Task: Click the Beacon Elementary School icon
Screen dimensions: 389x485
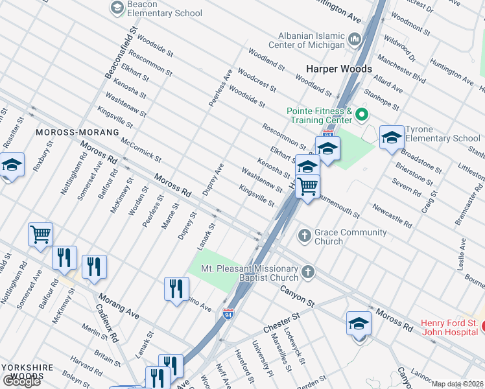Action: tap(117, 8)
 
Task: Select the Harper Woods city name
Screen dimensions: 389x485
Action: tap(339, 69)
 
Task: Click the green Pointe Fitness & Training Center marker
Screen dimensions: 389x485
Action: tap(362, 115)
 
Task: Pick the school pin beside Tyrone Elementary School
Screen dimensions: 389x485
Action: tap(391, 138)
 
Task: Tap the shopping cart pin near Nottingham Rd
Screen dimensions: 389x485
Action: tap(40, 234)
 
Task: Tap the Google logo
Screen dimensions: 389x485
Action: tap(21, 381)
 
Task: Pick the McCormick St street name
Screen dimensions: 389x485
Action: tap(140, 148)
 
